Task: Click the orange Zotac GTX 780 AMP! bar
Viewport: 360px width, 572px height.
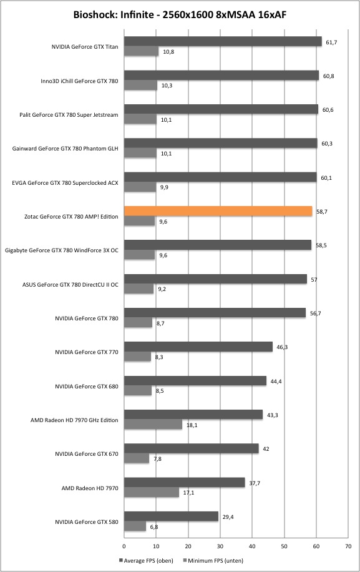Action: coord(218,211)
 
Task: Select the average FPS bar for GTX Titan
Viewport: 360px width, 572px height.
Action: coord(223,42)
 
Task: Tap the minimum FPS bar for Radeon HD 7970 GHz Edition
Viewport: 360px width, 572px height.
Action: coord(153,424)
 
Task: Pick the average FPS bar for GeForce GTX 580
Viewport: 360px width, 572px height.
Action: coord(171,516)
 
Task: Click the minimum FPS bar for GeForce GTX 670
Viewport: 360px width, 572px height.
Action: coord(137,458)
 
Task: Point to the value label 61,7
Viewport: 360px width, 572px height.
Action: coord(331,42)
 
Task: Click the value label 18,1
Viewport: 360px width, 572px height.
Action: coord(192,425)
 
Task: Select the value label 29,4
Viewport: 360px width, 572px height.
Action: coord(228,517)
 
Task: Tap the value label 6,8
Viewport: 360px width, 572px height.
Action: coord(153,527)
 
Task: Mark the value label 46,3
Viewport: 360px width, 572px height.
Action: coord(282,347)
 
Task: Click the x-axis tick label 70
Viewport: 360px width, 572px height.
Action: coord(348,546)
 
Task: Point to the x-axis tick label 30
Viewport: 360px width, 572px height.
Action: coord(220,546)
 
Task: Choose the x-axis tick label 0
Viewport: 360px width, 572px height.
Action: coord(124,546)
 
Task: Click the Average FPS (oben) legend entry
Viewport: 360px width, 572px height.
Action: coord(146,560)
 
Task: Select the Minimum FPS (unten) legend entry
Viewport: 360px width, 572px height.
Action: coord(213,560)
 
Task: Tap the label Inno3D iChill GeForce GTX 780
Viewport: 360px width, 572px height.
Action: coord(79,81)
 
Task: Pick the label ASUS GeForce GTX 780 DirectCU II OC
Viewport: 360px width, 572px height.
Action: coord(71,285)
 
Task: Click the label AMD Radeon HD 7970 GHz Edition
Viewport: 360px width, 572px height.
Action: coord(74,420)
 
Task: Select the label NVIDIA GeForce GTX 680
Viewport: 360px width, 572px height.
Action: coord(87,387)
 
